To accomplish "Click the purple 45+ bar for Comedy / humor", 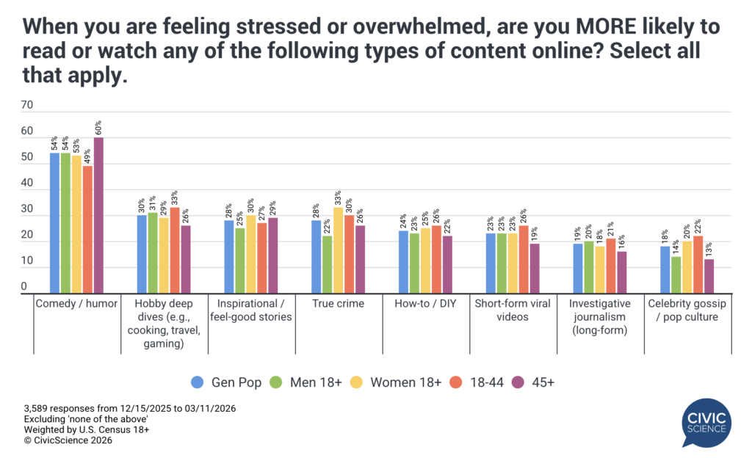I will [x=98, y=216].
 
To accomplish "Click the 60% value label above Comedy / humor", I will [x=98, y=128].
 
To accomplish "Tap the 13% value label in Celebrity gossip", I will [x=708, y=250].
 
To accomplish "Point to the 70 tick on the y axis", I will [x=27, y=105].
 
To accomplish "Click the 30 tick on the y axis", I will [x=27, y=209].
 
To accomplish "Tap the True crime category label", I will [x=339, y=303].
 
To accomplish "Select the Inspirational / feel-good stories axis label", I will [x=251, y=310].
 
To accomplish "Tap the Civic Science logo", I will [x=706, y=422].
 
